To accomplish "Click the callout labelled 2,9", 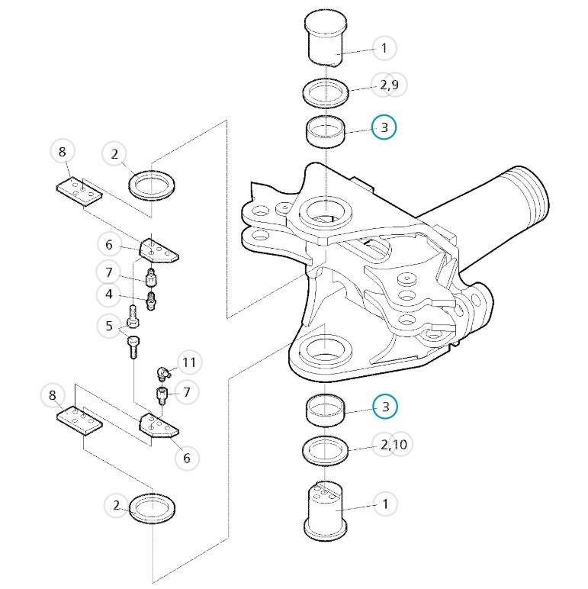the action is click(389, 85).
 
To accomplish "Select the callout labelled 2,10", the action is click(393, 445).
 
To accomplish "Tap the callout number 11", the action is click(189, 362).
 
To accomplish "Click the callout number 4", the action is click(109, 294).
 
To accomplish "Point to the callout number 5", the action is click(109, 326).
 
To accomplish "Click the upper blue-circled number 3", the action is click(384, 127).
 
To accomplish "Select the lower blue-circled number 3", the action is click(385, 407).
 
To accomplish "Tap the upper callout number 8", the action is click(63, 151).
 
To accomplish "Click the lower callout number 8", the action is click(52, 395).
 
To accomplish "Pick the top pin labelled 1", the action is click(326, 39).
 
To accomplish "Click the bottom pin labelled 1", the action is click(325, 510).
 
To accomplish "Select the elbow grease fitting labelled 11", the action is click(163, 374).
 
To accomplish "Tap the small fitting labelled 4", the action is click(151, 301).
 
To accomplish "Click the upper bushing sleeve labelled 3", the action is click(326, 131).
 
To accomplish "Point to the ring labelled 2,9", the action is click(326, 92).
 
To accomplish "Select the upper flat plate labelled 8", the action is click(79, 192).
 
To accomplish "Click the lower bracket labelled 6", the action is click(159, 426).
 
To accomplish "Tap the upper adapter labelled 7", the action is click(150, 277).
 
